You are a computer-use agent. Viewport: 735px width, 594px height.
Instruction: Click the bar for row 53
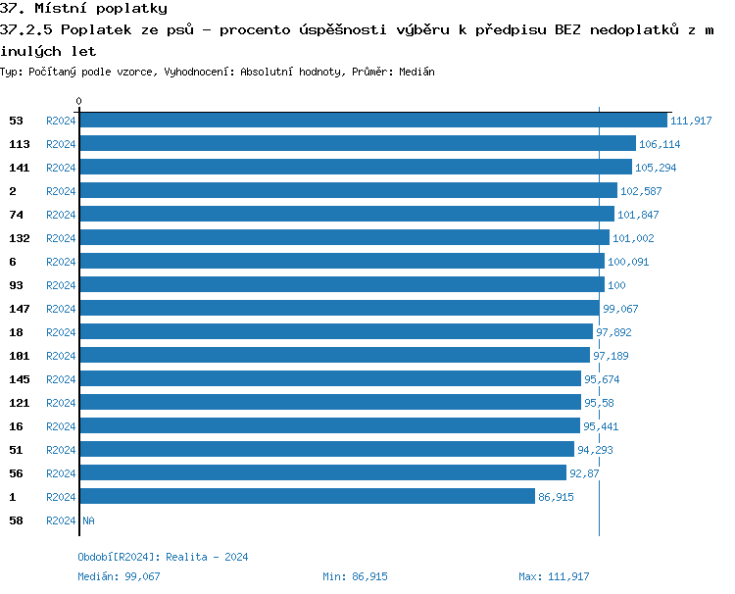click(372, 120)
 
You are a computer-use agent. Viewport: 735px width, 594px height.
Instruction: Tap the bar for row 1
click(307, 496)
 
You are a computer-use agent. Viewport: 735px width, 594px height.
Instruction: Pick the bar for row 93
click(341, 284)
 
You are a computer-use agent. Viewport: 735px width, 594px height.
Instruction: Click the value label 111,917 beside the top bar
click(691, 121)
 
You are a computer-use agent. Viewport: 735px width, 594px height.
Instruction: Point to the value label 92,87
click(584, 473)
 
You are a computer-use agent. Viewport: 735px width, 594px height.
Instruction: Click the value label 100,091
click(628, 262)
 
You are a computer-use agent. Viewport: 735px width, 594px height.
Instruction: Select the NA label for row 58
click(88, 520)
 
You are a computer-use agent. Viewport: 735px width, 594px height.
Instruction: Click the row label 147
click(20, 308)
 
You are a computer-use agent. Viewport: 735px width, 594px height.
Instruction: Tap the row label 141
click(20, 167)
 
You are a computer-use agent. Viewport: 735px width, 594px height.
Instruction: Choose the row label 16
click(17, 425)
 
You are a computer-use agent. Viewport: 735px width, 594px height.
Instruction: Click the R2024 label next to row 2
click(61, 191)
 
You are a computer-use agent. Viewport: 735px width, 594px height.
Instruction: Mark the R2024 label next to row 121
click(61, 403)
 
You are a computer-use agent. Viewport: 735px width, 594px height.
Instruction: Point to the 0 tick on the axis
click(79, 101)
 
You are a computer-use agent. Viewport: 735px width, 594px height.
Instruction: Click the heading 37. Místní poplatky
click(83, 9)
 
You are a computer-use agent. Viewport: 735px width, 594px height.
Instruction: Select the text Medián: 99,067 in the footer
click(119, 576)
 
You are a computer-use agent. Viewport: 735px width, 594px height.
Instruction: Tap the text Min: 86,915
click(355, 576)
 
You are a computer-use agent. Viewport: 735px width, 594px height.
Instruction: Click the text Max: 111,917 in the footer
click(554, 576)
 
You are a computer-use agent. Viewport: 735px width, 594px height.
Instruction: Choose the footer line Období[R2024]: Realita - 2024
click(163, 557)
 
